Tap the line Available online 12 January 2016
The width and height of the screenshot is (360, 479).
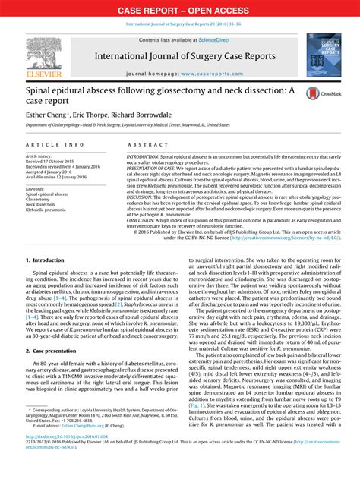[63, 178]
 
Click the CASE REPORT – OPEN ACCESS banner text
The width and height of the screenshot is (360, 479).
[180, 10]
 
